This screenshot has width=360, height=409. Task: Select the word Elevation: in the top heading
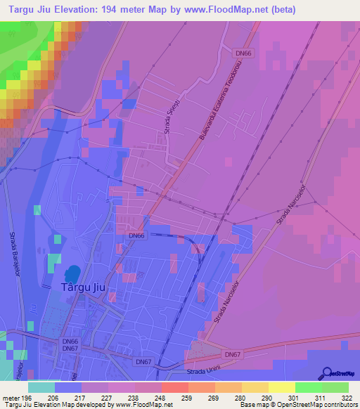pyautogui.click(x=82, y=10)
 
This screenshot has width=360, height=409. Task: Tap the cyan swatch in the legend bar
pyautogui.click(x=41, y=387)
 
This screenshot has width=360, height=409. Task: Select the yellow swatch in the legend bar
pyautogui.click(x=281, y=387)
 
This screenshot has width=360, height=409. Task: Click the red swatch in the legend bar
pyautogui.click(x=174, y=387)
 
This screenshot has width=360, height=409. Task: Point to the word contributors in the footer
pyautogui.click(x=339, y=404)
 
